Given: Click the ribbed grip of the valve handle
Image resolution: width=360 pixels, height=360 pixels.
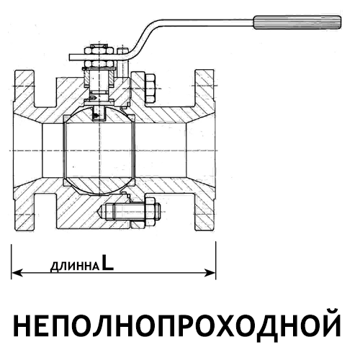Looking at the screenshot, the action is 297,22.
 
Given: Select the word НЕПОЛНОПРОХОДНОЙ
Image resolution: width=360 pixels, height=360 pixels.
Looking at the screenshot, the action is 177,322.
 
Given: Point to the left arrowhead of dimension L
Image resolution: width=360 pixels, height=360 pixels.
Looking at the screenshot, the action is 17,273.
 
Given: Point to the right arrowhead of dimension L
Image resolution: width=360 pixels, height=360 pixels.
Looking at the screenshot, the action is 210,273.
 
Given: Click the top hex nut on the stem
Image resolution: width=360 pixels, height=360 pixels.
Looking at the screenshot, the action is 99,50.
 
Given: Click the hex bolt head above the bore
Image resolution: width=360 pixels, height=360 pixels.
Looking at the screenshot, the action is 150,89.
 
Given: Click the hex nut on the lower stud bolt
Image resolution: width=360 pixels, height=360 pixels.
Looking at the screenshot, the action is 150,212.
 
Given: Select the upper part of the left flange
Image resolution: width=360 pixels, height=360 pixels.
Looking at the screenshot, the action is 24,92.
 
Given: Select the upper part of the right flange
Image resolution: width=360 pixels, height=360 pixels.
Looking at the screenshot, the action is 204,92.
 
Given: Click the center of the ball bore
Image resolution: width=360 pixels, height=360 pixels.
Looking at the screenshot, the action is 99,150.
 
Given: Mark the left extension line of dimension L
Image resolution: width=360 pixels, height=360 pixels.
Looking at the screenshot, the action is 12,261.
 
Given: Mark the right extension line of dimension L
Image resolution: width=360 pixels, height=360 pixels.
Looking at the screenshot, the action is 215,261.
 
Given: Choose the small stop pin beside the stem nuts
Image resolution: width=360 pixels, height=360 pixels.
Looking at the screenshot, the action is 122,50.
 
